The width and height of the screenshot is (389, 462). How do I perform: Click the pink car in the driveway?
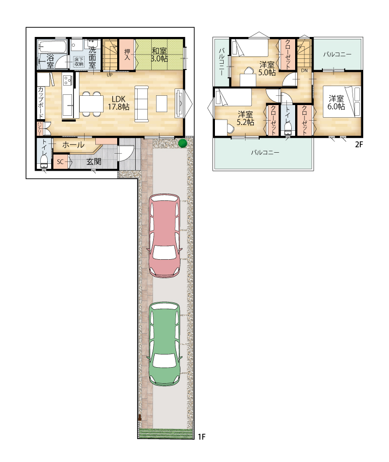click(x=164, y=236)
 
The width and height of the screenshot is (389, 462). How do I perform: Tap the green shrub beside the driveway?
click(x=183, y=143)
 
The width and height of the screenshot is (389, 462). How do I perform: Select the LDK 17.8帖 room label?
click(x=119, y=103)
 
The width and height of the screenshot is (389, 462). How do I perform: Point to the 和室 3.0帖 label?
click(x=159, y=55)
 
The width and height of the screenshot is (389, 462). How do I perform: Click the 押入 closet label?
click(x=127, y=54)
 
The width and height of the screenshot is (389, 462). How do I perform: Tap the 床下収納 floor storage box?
click(x=79, y=62)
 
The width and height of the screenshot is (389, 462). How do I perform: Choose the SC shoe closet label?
click(x=60, y=162)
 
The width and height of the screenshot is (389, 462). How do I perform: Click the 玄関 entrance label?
click(x=94, y=161)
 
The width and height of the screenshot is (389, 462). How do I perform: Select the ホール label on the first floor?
click(x=73, y=144)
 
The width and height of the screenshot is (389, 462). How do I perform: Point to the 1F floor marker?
click(x=201, y=437)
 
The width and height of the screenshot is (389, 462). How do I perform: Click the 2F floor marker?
click(x=358, y=144)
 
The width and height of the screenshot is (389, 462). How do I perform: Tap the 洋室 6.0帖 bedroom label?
click(x=336, y=102)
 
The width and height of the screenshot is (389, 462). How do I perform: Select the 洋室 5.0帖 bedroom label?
click(x=267, y=69)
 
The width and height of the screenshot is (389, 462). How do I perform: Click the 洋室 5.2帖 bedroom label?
click(x=246, y=118)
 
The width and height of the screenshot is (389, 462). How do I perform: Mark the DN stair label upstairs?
click(x=304, y=71)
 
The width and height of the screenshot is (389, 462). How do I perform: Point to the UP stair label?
click(x=109, y=75)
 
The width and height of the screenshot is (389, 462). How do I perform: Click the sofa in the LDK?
click(x=141, y=104)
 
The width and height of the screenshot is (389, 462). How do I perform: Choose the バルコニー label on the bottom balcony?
click(x=265, y=153)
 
